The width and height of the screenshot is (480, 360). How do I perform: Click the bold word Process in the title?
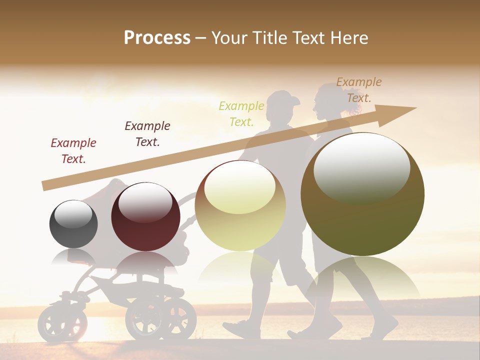(157, 38)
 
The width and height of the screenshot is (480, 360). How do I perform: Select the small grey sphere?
(73, 224)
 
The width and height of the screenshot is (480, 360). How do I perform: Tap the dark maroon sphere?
(145, 217)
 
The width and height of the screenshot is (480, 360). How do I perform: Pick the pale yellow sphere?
(240, 205)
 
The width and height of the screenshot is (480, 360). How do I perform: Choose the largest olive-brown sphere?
(362, 194)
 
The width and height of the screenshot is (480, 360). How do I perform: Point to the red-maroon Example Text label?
(73, 151)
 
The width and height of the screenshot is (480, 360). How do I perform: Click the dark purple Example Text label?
(147, 134)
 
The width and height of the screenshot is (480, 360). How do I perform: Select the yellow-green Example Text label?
(241, 113)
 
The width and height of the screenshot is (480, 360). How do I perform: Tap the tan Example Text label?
(359, 90)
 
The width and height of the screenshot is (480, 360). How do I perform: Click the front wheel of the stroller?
(56, 323)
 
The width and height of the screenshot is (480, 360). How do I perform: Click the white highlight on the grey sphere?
(73, 214)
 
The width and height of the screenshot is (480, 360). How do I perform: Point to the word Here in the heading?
(349, 38)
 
